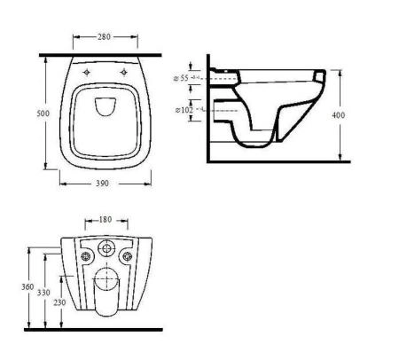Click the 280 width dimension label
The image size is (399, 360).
pos(104,37)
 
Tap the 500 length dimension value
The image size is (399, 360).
pos(43,113)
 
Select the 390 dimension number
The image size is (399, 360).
pos(102,184)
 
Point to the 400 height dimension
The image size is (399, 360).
pos(338,115)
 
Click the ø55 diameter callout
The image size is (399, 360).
pos(181,78)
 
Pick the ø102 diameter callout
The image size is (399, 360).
pos(184,110)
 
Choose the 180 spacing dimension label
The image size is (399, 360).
pos(106,220)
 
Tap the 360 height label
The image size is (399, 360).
pos(27,286)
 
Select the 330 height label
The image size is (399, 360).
pos(43,293)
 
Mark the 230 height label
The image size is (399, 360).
pos(59,302)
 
